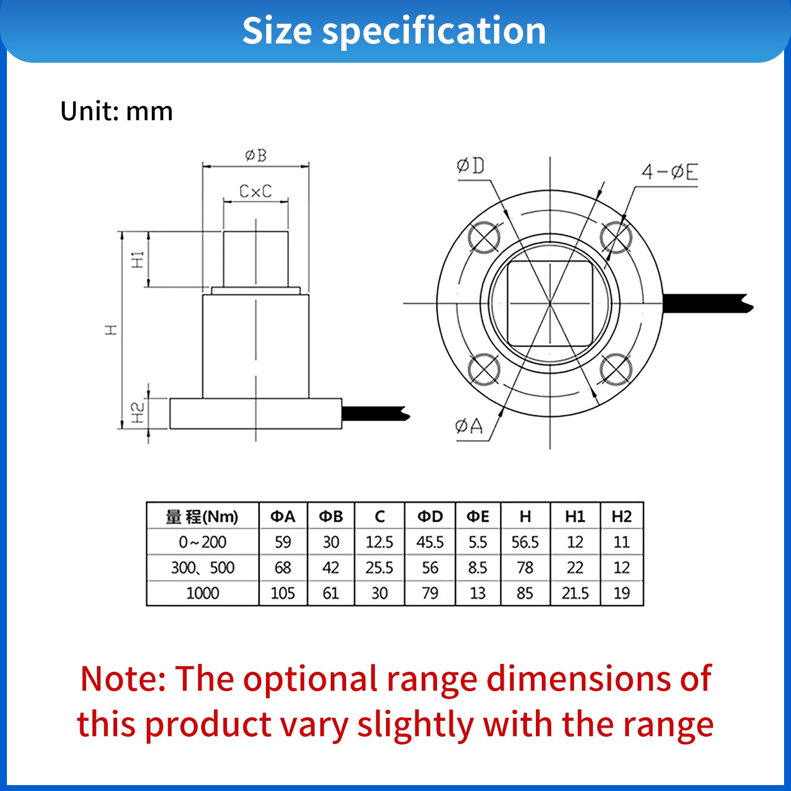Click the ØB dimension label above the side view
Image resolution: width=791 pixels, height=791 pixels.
256,156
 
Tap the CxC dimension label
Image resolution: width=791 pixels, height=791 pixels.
256,191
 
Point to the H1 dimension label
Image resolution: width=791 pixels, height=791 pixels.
137,260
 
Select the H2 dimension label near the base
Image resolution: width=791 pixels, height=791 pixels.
137,412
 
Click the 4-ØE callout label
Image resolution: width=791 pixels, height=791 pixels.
670,172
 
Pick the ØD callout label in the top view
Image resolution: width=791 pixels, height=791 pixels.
471,166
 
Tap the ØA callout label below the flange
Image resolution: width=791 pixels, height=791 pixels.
469,426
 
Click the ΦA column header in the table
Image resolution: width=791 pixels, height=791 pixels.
283,517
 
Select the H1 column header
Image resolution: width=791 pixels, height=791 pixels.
575,517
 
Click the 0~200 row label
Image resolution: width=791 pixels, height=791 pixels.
203,542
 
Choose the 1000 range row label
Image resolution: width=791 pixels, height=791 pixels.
203,593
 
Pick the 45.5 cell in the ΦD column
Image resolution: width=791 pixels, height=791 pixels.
430,542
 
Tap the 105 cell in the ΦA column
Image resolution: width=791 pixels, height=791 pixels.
283,593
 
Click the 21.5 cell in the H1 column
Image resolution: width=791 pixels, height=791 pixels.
575,593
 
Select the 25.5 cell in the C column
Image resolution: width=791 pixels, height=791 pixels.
379,568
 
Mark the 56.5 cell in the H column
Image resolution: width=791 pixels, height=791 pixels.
525,542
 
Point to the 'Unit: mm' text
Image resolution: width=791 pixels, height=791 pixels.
117,111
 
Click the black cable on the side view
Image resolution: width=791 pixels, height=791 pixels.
376,414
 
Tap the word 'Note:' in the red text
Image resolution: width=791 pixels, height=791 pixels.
123,678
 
